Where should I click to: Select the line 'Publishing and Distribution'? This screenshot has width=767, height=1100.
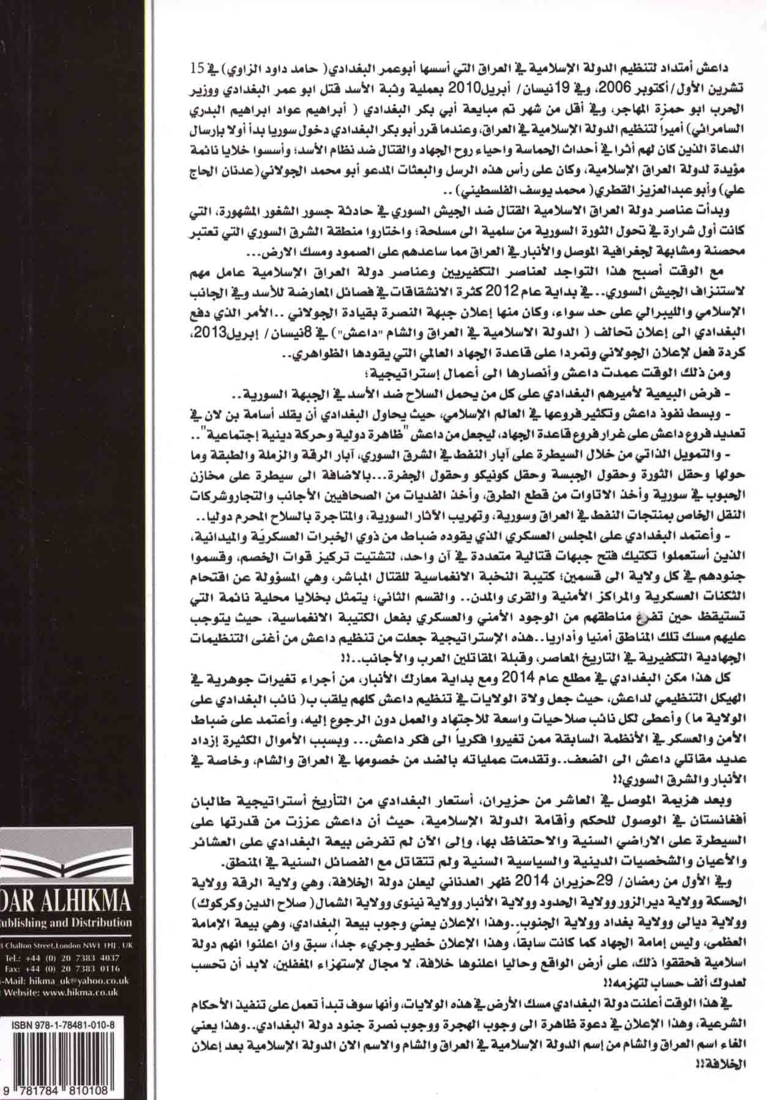tap(64, 922)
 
